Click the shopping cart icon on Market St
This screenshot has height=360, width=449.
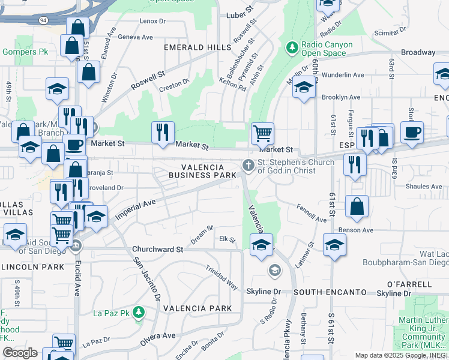tap(262, 133)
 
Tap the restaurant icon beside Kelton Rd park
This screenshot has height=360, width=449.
tap(162, 133)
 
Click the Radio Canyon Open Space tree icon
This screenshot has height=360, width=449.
tap(292, 47)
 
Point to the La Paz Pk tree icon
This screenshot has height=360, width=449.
tap(139, 313)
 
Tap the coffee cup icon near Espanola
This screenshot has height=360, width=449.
tap(412, 133)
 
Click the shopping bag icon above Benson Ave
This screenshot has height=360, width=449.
tap(357, 207)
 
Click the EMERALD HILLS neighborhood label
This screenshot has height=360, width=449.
tap(197, 47)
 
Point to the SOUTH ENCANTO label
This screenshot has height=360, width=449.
tap(330, 292)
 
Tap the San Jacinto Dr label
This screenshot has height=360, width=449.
tap(147, 279)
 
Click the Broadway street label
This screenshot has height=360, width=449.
tap(418, 53)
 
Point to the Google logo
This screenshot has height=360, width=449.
tap(20, 353)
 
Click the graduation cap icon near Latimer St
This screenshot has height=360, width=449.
tap(334, 244)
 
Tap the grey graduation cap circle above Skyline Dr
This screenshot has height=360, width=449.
tap(274, 271)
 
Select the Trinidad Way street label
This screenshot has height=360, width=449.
tap(221, 278)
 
